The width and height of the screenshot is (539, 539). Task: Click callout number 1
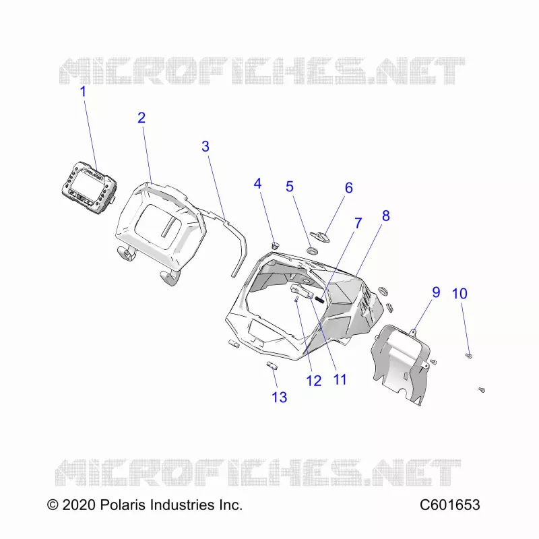pyautogui.click(x=83, y=92)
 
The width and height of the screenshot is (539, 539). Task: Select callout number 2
pyautogui.click(x=141, y=118)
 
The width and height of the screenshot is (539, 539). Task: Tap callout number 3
pyautogui.click(x=205, y=146)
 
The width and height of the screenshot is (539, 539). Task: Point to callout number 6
pyautogui.click(x=348, y=188)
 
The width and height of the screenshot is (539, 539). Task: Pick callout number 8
pyautogui.click(x=385, y=216)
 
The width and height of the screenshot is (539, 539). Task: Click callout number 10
pyautogui.click(x=459, y=294)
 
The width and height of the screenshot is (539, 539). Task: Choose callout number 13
pyautogui.click(x=279, y=398)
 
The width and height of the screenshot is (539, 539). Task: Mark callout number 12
pyautogui.click(x=313, y=381)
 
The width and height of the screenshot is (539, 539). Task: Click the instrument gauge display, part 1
pyautogui.click(x=90, y=187)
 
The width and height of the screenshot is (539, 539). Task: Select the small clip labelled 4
pyautogui.click(x=276, y=245)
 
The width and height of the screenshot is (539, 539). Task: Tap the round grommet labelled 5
pyautogui.click(x=313, y=251)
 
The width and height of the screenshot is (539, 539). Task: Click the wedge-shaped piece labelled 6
pyautogui.click(x=319, y=237)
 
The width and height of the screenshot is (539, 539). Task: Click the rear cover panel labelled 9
pyautogui.click(x=400, y=364)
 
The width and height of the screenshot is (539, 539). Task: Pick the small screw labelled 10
pyautogui.click(x=468, y=356)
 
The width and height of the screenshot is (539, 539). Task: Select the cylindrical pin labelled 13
pyautogui.click(x=272, y=365)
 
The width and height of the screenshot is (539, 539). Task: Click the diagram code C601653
pyautogui.click(x=449, y=505)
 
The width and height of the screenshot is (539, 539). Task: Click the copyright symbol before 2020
pyautogui.click(x=53, y=505)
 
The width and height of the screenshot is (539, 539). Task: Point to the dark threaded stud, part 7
pyautogui.click(x=319, y=300)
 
